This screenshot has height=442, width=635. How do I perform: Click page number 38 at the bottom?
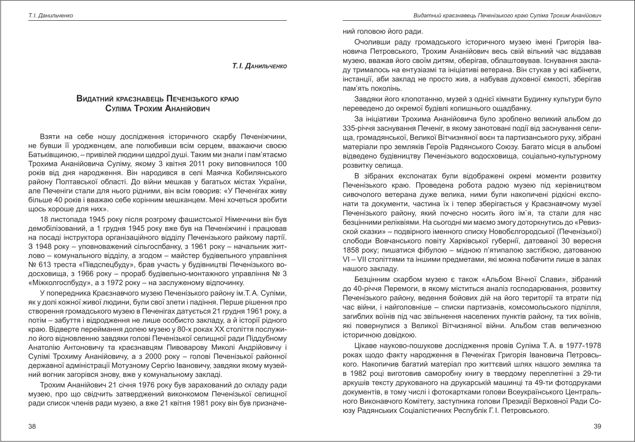[x=32, y=427]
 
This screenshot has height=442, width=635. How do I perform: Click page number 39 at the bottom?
[x=598, y=427]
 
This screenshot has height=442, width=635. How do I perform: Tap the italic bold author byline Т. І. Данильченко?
[x=259, y=66]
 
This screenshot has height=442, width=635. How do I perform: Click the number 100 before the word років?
[x=280, y=163]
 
